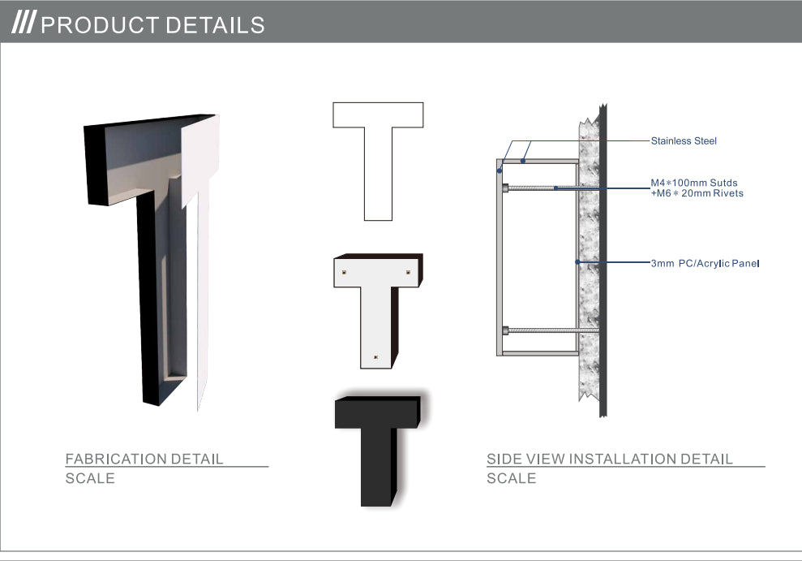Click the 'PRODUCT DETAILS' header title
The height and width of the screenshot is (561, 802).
(x=152, y=25)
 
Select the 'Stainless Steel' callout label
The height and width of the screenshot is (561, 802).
(x=684, y=140)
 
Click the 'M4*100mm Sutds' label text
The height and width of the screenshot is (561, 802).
(x=694, y=183)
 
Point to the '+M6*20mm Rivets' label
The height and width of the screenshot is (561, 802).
(x=697, y=193)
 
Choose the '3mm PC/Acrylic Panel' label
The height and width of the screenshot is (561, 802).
(x=705, y=263)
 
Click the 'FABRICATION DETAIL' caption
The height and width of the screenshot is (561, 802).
(x=144, y=459)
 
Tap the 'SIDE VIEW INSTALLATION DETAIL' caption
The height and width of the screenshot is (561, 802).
(x=610, y=459)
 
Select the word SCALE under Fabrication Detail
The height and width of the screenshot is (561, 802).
(x=90, y=478)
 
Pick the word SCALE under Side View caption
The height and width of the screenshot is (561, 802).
(x=512, y=478)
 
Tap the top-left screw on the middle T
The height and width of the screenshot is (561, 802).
(x=344, y=272)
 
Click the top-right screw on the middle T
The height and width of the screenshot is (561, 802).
(x=408, y=272)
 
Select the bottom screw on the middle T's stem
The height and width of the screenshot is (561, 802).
(x=376, y=357)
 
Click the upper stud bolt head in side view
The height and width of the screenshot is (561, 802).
(x=505, y=188)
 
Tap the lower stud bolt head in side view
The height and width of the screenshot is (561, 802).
(x=505, y=330)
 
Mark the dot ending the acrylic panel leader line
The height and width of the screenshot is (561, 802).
(x=577, y=262)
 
